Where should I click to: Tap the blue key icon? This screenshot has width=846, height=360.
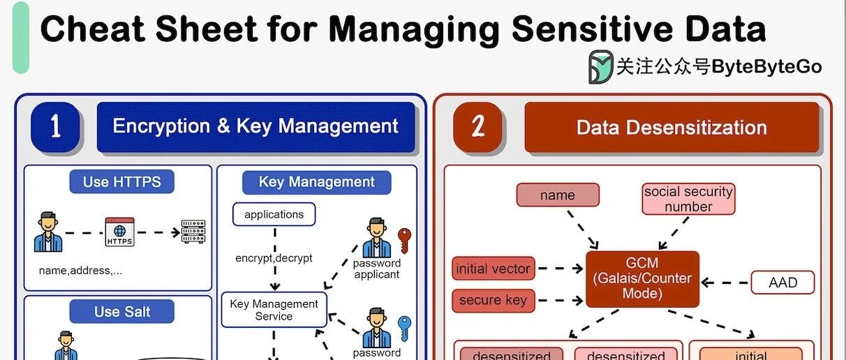[404, 327]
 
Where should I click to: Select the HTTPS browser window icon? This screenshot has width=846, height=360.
[119, 232]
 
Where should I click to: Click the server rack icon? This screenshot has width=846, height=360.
[193, 232]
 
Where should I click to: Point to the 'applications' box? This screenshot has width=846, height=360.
[274, 214]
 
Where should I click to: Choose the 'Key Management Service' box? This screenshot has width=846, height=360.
[274, 310]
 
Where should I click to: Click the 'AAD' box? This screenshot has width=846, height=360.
[782, 283]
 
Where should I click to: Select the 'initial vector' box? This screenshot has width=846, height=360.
[493, 269]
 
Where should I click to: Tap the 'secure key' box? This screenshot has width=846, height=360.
[493, 301]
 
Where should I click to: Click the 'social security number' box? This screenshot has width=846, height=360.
[688, 199]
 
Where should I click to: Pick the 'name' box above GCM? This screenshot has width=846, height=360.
[557, 195]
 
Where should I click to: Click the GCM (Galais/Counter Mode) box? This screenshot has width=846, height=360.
[642, 278]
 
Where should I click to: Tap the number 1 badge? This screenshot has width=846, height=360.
[56, 127]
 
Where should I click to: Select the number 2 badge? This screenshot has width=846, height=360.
[478, 127]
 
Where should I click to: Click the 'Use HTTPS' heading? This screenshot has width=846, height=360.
[121, 182]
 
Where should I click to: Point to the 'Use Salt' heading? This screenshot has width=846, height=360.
[121, 312]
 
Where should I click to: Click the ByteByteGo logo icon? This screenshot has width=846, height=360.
[600, 66]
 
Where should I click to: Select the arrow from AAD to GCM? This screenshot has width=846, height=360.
[725, 283]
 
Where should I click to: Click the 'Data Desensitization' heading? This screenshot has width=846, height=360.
[671, 128]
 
